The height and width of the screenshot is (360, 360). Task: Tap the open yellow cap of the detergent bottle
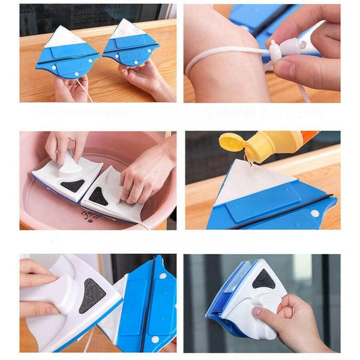click(x=230, y=143)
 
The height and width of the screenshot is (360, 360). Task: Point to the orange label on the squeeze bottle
click(x=308, y=137)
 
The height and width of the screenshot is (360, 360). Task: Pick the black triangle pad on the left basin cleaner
click(x=73, y=185)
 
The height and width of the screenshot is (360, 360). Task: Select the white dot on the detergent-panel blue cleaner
click(x=315, y=213)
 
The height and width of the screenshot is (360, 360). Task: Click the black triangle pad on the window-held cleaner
click(x=264, y=278)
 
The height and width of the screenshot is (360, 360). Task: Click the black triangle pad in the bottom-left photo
click(x=94, y=295)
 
